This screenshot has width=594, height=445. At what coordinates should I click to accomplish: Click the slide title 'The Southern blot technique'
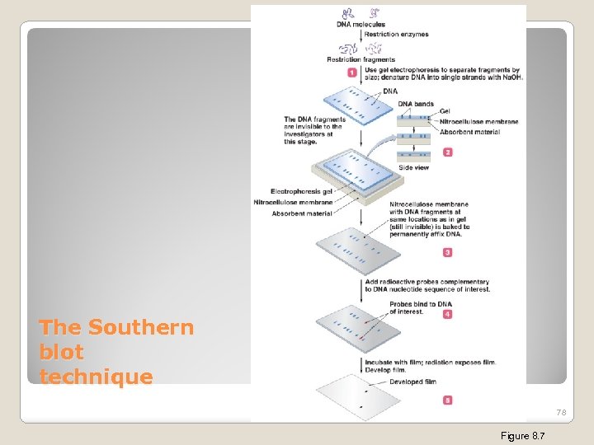coord(115,352)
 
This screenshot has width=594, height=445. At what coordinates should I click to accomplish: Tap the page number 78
coord(561,412)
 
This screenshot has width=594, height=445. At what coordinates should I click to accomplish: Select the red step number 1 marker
coord(352,73)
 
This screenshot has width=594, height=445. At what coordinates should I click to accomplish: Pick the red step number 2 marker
coord(448,152)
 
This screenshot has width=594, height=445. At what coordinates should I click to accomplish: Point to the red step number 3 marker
coord(448,252)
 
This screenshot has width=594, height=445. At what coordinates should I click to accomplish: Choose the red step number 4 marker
coord(448,314)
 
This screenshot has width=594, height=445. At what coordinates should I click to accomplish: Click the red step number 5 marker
coord(448,400)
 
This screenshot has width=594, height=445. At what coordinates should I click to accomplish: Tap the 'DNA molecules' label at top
coord(361,25)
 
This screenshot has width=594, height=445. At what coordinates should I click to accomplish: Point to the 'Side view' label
coord(413,168)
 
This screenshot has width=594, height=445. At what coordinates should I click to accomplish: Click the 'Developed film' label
coord(412,382)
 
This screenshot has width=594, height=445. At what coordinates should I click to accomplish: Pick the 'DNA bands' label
coord(416,104)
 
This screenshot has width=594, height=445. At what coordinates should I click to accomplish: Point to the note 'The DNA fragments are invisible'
coord(314,130)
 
